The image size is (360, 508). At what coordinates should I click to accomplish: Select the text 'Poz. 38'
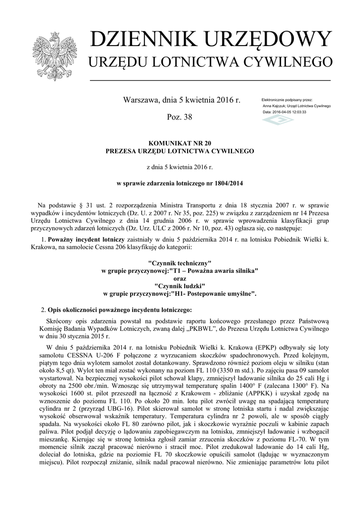point(181,118)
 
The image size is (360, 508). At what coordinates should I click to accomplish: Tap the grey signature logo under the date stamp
point(278,121)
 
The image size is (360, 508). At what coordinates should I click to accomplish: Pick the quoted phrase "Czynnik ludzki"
point(180,286)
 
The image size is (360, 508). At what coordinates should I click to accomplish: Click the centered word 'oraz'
point(180,278)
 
